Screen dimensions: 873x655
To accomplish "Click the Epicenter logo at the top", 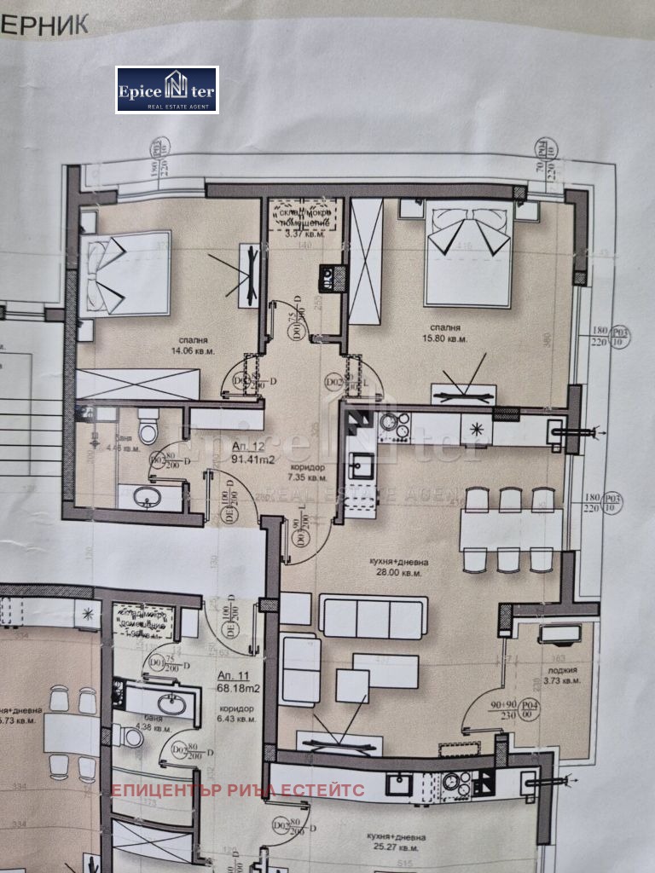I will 167,90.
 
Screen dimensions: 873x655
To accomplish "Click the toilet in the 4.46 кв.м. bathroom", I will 148,426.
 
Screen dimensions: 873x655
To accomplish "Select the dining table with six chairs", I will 510,529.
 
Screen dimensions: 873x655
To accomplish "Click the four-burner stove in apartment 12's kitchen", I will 394,422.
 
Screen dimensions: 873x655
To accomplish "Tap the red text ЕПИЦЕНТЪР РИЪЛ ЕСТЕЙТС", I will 238,790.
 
